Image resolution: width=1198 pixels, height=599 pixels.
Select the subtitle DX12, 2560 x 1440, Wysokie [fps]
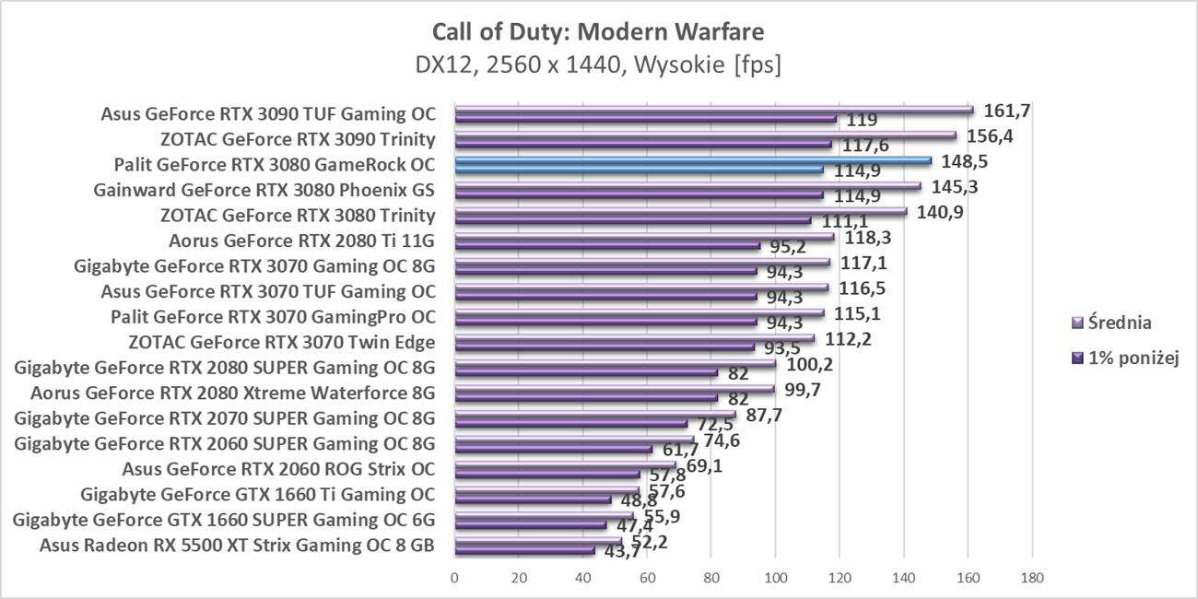(x=598, y=66)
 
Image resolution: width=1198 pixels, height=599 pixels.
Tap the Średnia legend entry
(x=1120, y=323)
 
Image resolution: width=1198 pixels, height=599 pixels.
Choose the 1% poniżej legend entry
(x=1127, y=358)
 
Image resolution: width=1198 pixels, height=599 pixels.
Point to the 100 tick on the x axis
(x=775, y=578)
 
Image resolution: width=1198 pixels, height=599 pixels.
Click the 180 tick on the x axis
(x=1032, y=578)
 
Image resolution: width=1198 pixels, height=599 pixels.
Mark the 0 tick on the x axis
(x=454, y=578)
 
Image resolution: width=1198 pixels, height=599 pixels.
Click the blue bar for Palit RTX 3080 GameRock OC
(x=691, y=160)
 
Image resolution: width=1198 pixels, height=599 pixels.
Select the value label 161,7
(x=1007, y=111)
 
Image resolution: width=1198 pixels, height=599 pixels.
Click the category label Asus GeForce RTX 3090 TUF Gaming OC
(x=267, y=115)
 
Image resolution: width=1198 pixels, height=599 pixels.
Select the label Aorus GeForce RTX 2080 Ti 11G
(x=301, y=241)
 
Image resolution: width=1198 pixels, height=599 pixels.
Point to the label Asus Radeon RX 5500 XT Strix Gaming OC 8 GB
(x=237, y=545)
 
